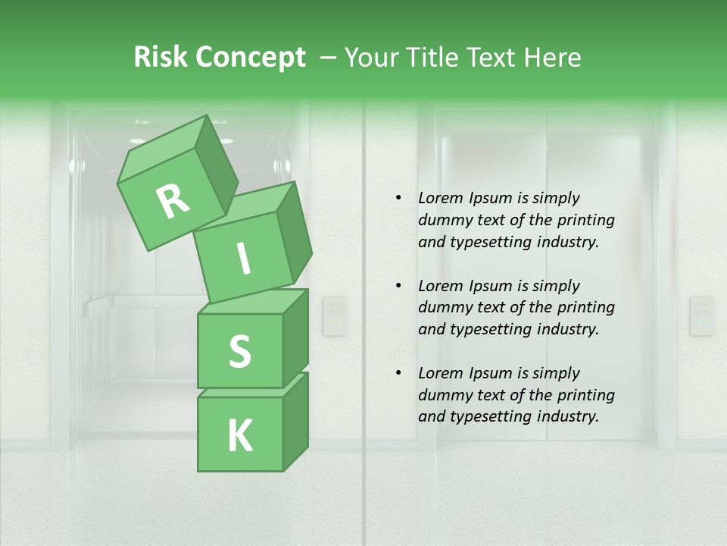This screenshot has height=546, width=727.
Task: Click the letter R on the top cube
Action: (173, 202)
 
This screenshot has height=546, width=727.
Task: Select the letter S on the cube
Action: (239, 351)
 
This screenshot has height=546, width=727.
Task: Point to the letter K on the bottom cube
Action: (239, 436)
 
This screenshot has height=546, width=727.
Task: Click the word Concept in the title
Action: (250, 58)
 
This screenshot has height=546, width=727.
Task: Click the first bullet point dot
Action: (398, 199)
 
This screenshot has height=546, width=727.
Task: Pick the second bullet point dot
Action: (398, 286)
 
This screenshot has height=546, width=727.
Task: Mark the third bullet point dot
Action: (398, 373)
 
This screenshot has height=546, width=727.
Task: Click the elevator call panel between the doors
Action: (334, 315)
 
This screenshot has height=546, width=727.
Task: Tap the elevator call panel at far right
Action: (701, 315)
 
